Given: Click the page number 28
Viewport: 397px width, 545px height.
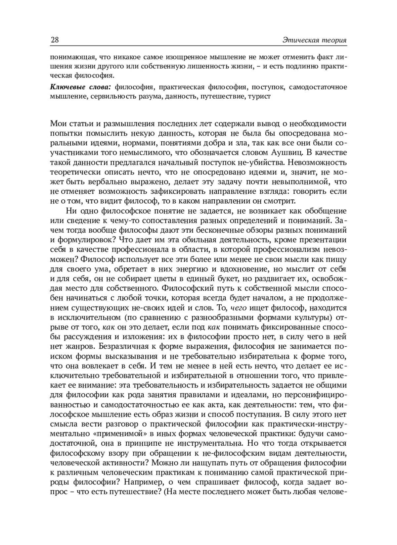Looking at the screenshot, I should coord(55,40).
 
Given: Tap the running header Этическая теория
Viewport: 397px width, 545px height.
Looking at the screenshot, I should coord(314,40).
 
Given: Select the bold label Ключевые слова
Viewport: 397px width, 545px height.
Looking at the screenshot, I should coord(80,87).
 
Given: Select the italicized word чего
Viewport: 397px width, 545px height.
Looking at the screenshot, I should coord(238,308).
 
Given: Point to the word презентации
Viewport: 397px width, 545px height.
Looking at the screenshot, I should coord(322,240).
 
